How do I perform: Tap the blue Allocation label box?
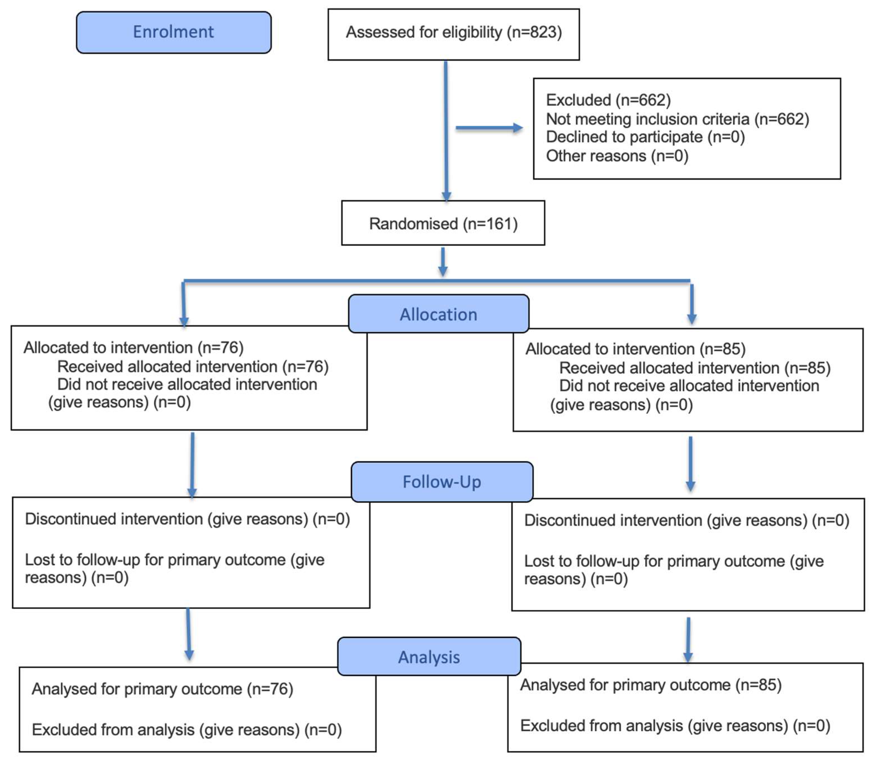[x=439, y=314]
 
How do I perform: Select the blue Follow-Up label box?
[x=442, y=481]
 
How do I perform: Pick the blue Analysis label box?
[x=429, y=656]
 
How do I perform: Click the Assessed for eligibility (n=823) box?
[x=453, y=34]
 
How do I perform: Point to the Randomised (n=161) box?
[x=443, y=223]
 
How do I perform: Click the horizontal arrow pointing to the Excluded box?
[x=489, y=127]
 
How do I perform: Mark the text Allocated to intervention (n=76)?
[x=134, y=348]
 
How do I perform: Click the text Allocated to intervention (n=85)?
[x=635, y=349]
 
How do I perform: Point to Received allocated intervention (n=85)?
[x=695, y=368]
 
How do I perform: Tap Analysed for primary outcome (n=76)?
[x=162, y=689]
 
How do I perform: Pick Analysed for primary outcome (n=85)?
[x=651, y=685]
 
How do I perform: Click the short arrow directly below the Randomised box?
[x=443, y=262]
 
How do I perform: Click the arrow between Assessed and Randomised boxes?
[x=446, y=130]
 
